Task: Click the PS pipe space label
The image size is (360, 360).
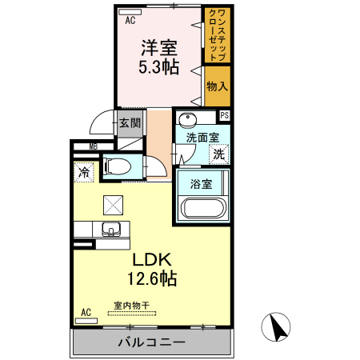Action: [225, 115]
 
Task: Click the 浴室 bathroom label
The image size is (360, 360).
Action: [201, 184]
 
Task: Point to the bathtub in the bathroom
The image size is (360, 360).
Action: [202, 209]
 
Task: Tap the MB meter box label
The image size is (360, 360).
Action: [94, 146]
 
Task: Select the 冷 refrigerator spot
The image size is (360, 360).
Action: [83, 171]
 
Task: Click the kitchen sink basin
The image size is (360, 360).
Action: [111, 230]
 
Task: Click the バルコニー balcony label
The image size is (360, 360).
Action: [152, 342]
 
